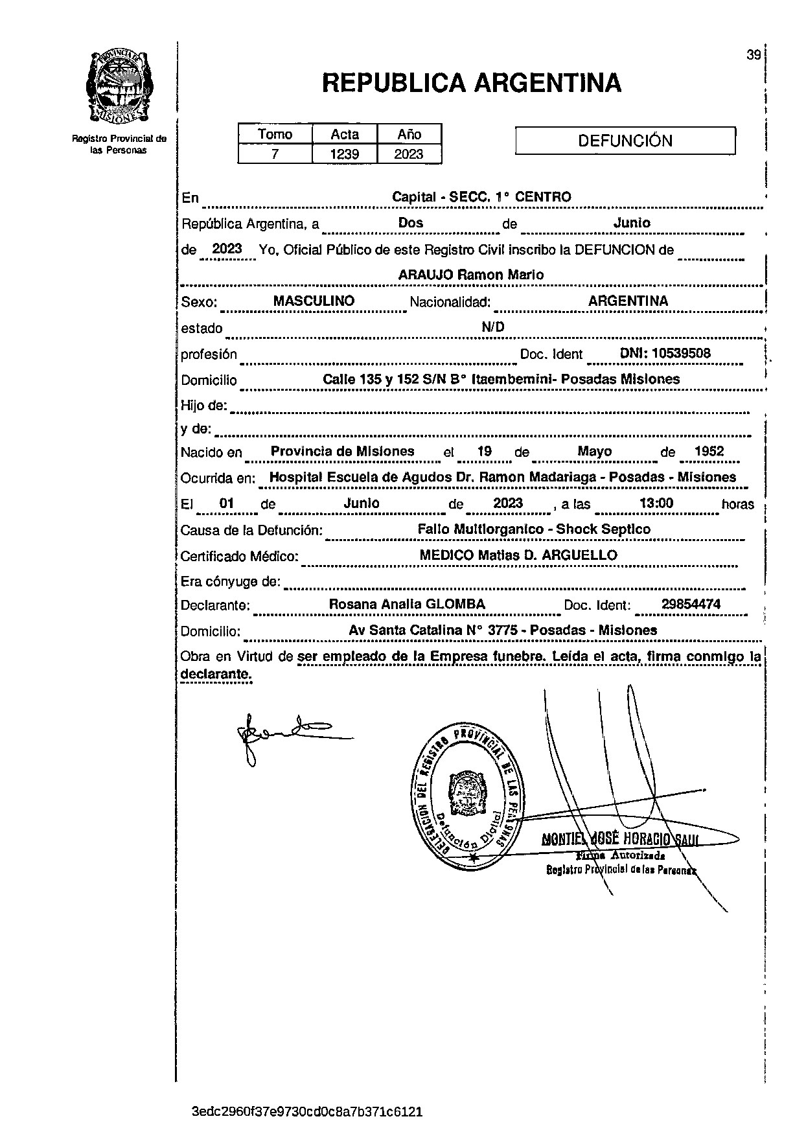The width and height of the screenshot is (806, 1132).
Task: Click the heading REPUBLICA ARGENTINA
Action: [471, 83]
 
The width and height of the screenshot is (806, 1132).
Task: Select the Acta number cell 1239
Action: [345, 154]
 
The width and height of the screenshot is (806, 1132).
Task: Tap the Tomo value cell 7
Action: [275, 154]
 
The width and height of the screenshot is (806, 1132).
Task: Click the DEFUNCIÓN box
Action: [625, 141]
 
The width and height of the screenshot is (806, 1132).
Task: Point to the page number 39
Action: [753, 55]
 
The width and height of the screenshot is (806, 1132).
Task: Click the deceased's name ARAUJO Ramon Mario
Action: [470, 275]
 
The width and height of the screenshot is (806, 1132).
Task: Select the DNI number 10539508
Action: [681, 353]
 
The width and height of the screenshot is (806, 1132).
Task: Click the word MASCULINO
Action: [314, 301]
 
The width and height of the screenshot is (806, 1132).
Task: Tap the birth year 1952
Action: [708, 452]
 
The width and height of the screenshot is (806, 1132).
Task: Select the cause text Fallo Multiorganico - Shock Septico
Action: [534, 529]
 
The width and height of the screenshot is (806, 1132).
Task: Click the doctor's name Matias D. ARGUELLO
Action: [547, 555]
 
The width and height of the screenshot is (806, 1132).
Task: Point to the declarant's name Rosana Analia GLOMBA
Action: [407, 605]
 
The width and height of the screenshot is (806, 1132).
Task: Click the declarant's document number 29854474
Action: [691, 605]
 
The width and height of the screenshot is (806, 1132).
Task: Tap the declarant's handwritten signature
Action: [285, 735]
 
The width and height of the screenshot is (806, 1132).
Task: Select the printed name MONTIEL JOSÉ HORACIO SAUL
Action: [619, 840]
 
